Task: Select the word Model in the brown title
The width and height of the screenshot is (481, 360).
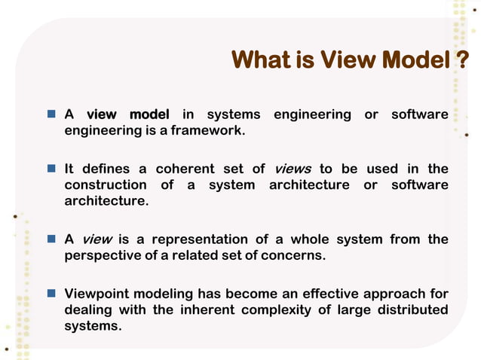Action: coord(417,59)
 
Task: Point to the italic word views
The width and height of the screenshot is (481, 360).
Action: coord(292,169)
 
